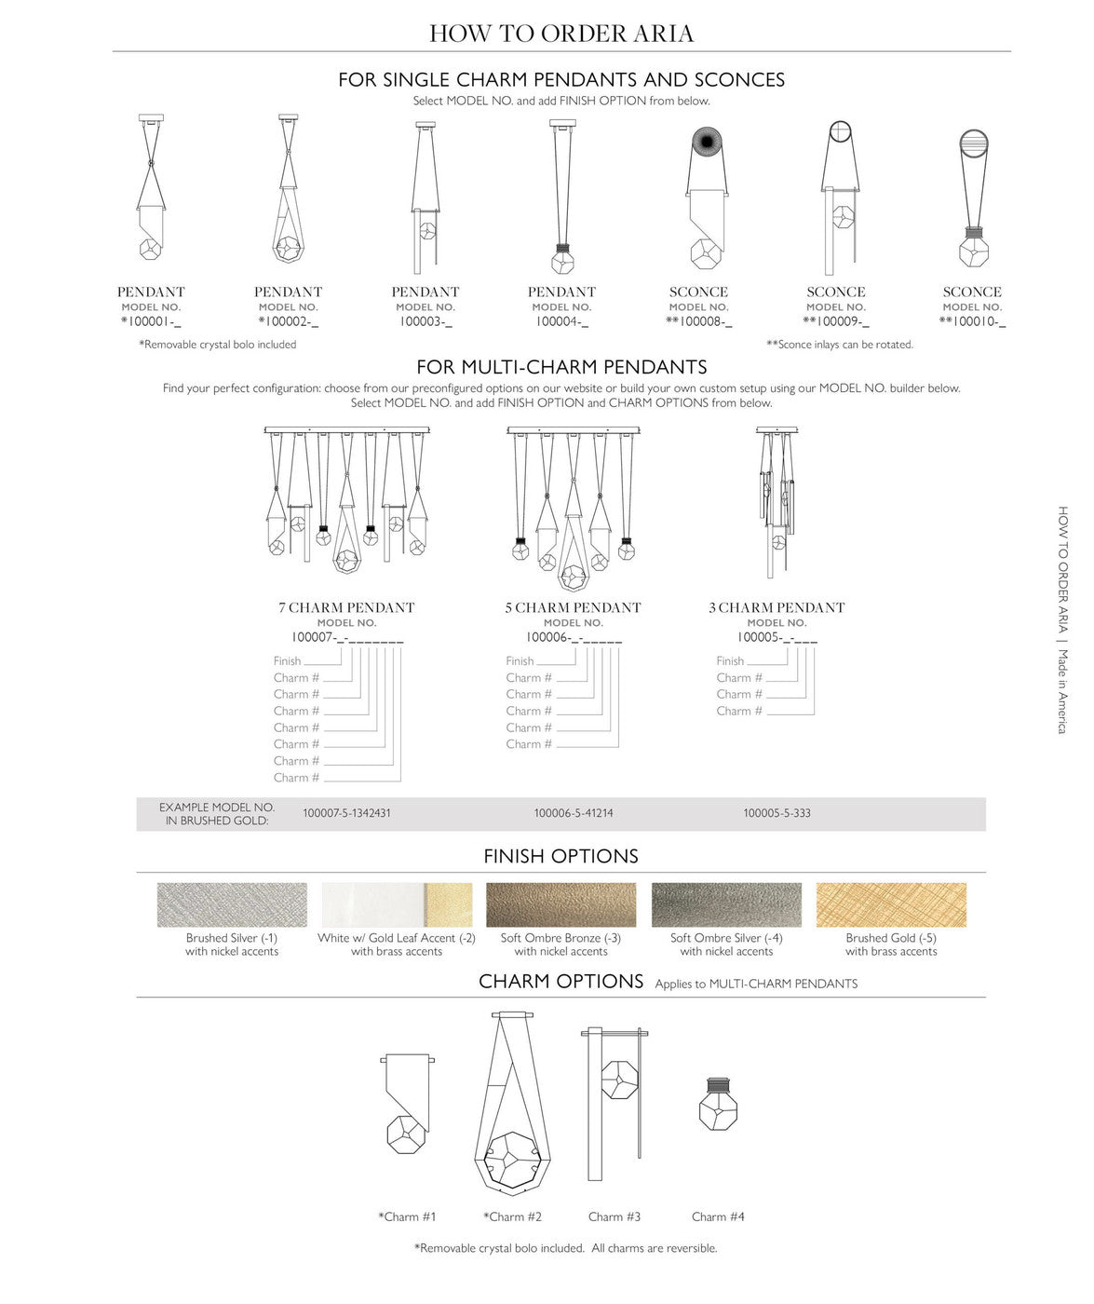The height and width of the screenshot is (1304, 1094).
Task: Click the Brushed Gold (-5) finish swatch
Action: (x=891, y=904)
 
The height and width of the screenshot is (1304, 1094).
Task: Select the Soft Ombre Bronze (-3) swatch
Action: (x=561, y=904)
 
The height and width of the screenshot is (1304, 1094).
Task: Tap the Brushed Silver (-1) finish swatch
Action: (x=232, y=904)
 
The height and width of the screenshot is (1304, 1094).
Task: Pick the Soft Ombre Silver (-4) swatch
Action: (x=726, y=904)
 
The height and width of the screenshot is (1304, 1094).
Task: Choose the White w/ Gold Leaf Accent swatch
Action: (x=397, y=904)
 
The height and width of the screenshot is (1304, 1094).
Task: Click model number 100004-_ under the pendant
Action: (x=561, y=322)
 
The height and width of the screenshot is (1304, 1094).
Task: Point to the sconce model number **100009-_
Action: (x=835, y=322)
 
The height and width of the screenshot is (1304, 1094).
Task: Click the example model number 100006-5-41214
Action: (x=574, y=813)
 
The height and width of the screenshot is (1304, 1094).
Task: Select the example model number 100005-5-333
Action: (x=777, y=813)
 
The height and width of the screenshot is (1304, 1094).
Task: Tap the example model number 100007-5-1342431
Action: (x=346, y=813)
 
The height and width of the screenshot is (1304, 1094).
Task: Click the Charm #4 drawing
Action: (x=718, y=1104)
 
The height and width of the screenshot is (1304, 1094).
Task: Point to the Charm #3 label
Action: (x=615, y=1216)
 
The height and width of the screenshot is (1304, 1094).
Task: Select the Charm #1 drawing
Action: (x=408, y=1104)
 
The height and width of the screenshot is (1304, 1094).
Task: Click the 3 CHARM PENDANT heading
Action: (x=777, y=607)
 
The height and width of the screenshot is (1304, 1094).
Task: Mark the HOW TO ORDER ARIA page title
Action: (x=561, y=34)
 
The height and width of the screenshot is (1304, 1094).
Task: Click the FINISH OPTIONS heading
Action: (x=561, y=856)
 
